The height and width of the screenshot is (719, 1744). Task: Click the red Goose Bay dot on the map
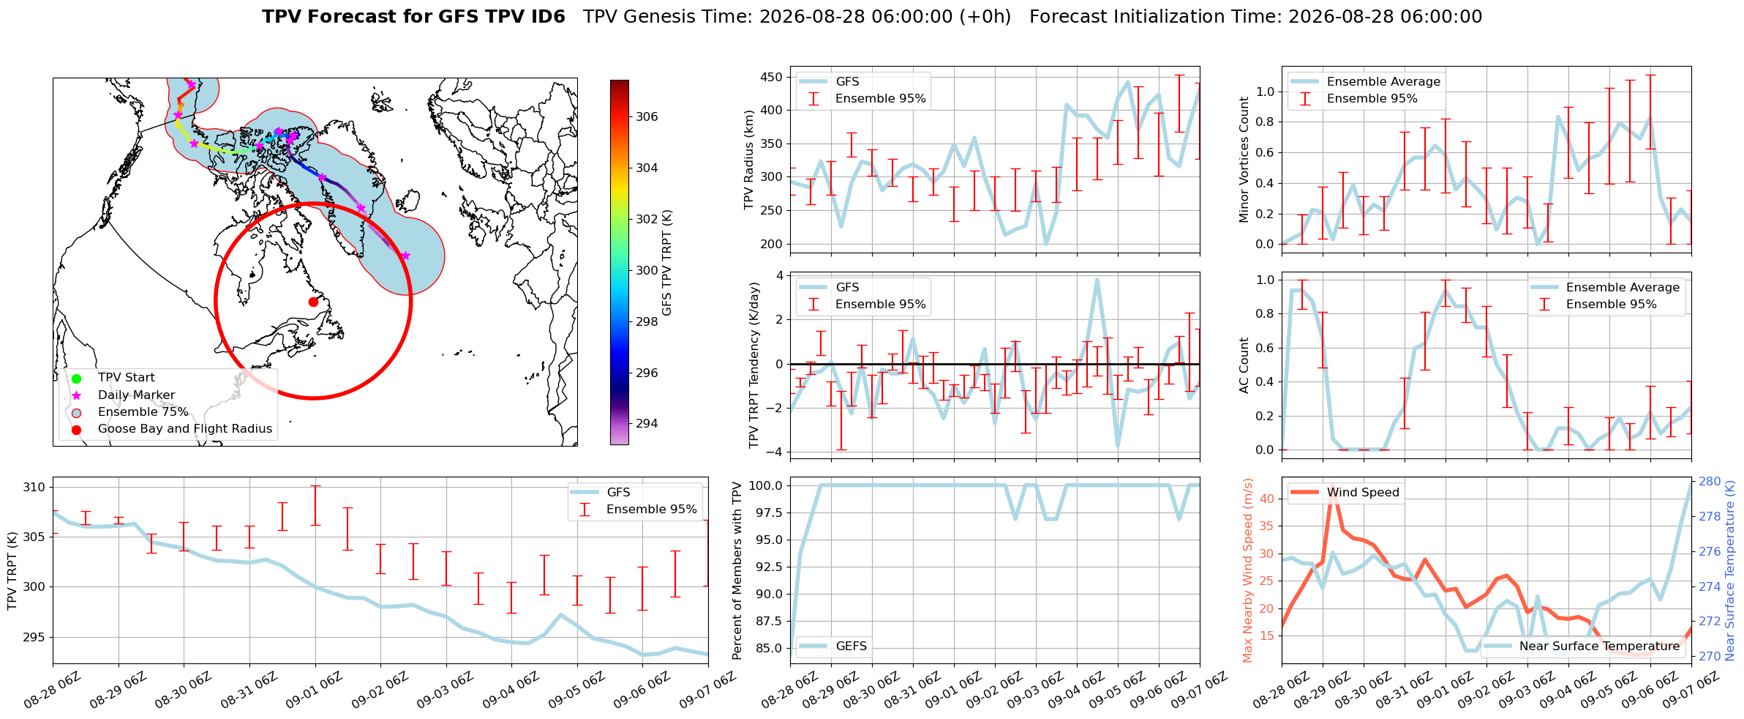click(x=313, y=302)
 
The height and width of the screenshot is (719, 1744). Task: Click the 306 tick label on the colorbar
click(x=647, y=116)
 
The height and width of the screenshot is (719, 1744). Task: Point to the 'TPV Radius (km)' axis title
click(x=748, y=160)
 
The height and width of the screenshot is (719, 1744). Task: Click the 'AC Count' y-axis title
click(x=1244, y=365)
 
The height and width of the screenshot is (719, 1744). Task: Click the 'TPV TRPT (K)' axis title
click(x=12, y=571)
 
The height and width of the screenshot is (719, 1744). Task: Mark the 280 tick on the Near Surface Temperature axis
click(x=1710, y=481)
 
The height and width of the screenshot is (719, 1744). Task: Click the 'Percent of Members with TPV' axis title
click(x=737, y=570)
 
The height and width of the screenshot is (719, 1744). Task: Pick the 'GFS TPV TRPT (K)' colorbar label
click(x=666, y=263)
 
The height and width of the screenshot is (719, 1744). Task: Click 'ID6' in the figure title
click(x=545, y=17)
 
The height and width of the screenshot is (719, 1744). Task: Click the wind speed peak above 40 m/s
click(x=1334, y=489)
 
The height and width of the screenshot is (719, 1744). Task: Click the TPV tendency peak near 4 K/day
click(x=1097, y=280)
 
